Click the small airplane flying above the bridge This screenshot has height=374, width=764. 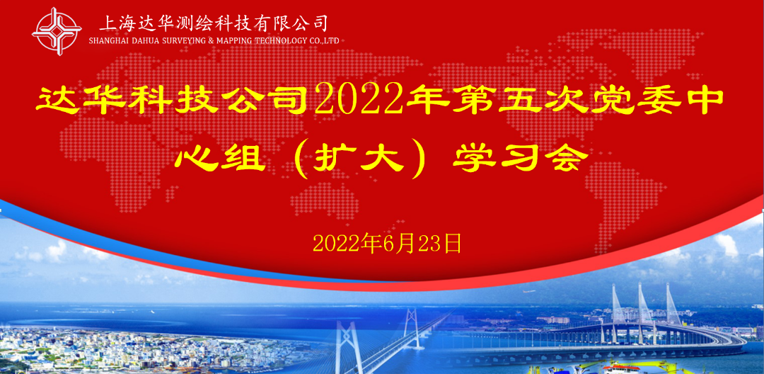pyautogui.click(x=528, y=292)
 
